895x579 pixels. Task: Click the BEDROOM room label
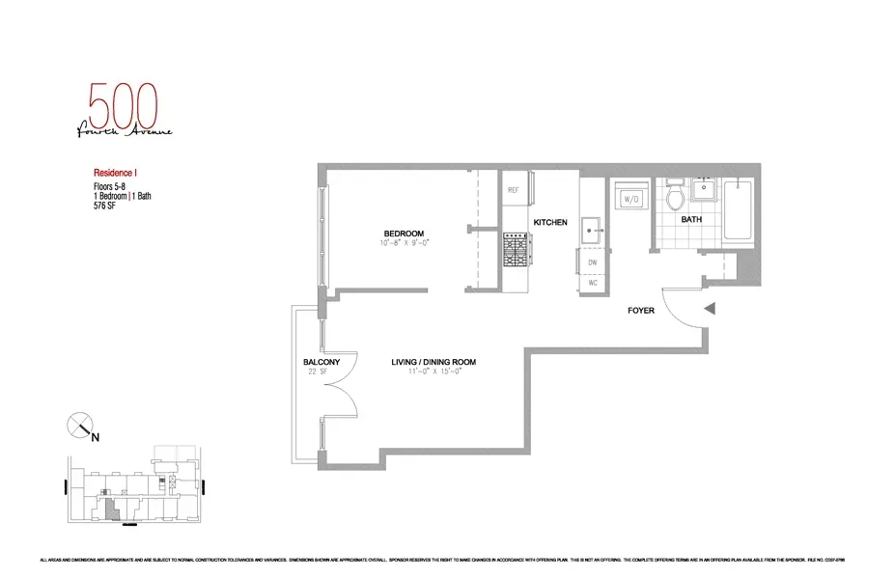coord(404,234)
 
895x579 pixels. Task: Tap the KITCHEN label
coord(550,224)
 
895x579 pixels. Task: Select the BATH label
coord(691,220)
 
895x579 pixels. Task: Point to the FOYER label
coord(641,311)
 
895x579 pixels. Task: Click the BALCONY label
coord(318,363)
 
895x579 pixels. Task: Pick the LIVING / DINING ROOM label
coord(434,363)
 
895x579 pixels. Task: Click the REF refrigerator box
coord(514,191)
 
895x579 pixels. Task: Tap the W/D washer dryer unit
coord(633,199)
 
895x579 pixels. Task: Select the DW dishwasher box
coord(592,262)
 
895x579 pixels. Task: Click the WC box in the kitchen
coord(592,285)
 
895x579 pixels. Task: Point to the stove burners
coord(514,253)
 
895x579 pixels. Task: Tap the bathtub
coord(740,209)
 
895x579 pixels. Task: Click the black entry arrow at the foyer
coord(710,310)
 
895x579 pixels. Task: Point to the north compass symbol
coord(80,424)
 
